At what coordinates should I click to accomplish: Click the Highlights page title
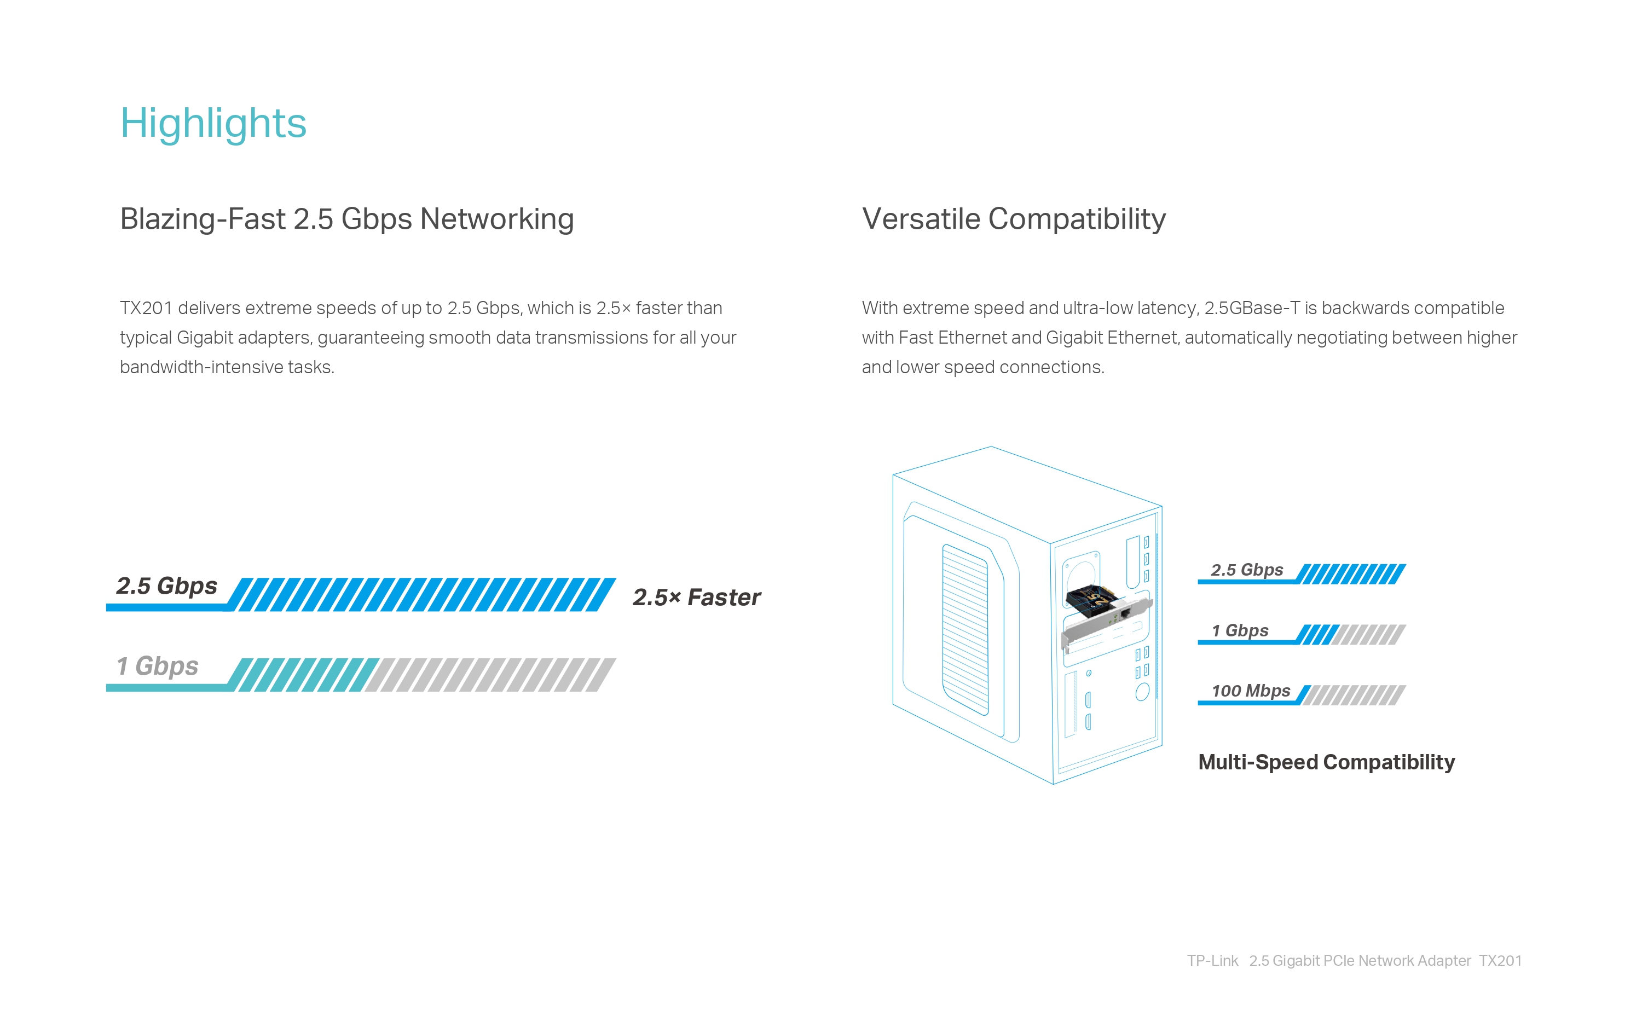tap(213, 124)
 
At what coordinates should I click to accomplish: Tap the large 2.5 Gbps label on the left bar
tap(167, 586)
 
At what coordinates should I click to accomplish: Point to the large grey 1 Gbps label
tap(158, 666)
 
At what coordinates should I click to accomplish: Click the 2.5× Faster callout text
tap(697, 597)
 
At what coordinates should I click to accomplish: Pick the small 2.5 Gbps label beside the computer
tap(1247, 570)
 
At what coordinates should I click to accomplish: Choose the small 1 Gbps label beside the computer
tap(1240, 630)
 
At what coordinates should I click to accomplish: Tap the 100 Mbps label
tap(1251, 691)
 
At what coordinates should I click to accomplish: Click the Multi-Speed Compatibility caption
tap(1327, 762)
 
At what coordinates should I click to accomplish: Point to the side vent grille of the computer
tap(965, 629)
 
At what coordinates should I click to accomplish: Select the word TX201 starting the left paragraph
tap(146, 308)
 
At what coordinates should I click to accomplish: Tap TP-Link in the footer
tap(1212, 961)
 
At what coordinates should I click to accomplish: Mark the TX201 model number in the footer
tap(1500, 961)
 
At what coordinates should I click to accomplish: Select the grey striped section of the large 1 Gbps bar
tap(490, 675)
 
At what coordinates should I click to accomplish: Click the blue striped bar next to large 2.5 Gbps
tap(421, 594)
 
